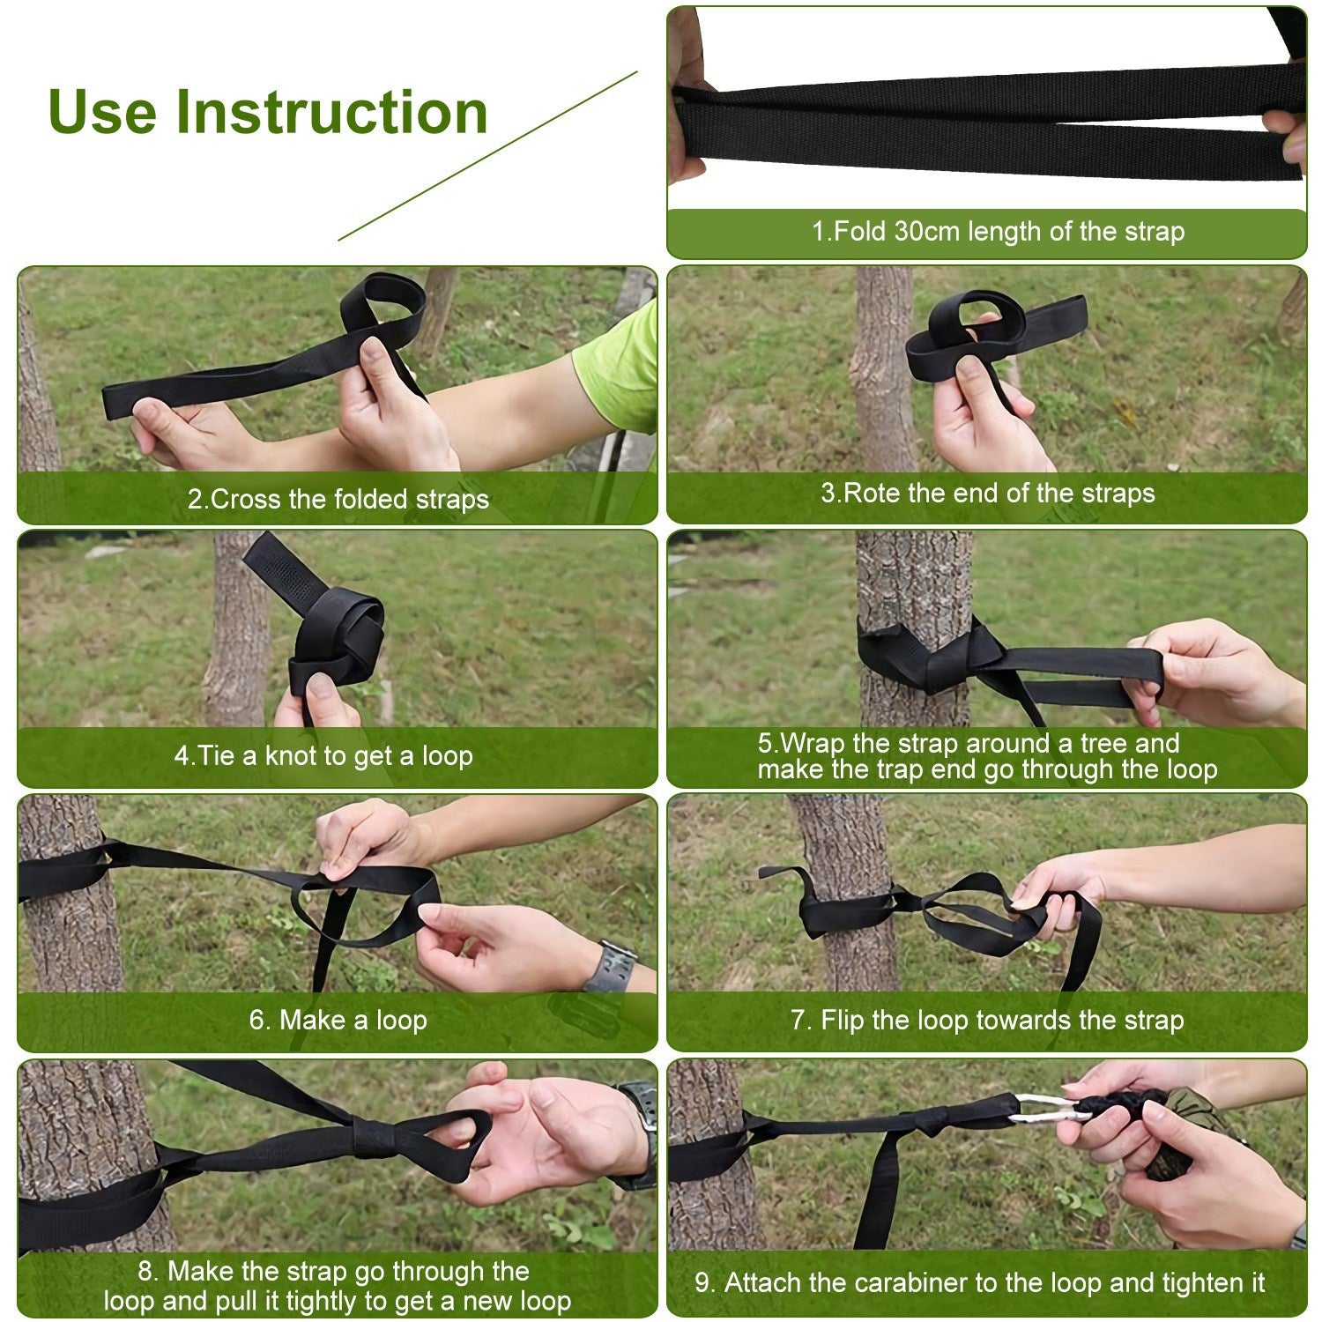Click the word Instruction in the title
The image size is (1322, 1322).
tap(331, 112)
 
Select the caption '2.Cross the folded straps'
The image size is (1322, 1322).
tap(338, 499)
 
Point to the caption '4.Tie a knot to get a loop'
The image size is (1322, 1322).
tap(323, 755)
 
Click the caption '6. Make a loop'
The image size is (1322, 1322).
tap(338, 1020)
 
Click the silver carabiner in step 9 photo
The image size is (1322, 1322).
tap(1049, 1108)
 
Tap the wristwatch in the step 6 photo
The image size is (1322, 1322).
tap(610, 967)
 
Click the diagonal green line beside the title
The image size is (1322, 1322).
tap(487, 156)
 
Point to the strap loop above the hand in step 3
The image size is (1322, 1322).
tap(969, 317)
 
